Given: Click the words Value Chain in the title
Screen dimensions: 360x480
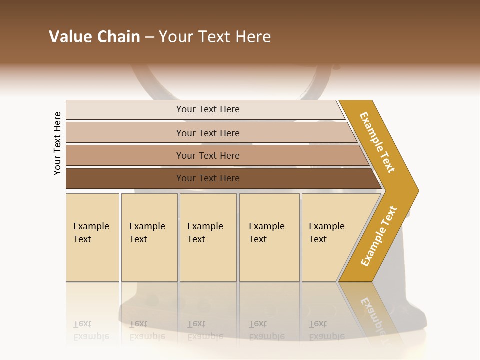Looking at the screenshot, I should (x=94, y=37).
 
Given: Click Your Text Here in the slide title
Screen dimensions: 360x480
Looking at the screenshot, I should (x=215, y=37).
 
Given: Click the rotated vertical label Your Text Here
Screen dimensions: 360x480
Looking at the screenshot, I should (x=57, y=143).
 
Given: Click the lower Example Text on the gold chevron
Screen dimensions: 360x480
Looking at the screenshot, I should (x=379, y=236).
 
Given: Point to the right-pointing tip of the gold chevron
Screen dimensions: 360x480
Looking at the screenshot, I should (x=416, y=190).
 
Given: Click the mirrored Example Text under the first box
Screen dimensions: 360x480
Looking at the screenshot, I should (x=91, y=330).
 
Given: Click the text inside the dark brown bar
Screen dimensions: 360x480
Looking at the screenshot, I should (x=208, y=178).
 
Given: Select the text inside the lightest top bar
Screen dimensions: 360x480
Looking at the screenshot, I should (x=208, y=109).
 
